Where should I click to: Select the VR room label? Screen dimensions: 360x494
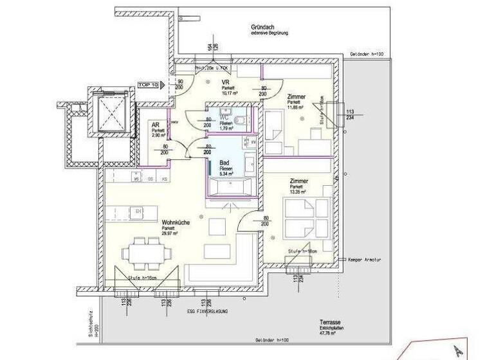tap(226, 82)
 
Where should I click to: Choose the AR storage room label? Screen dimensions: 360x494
tap(155, 125)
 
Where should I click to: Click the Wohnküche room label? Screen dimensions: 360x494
tap(175, 222)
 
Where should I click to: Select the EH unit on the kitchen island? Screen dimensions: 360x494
tap(137, 210)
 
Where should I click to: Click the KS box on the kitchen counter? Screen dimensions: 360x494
tap(165, 179)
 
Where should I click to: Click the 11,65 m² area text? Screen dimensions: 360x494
tap(295, 107)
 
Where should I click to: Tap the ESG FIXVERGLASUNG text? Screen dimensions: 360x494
tap(207, 311)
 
